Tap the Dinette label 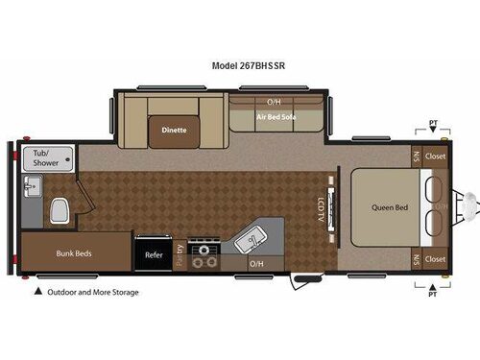click(x=174, y=130)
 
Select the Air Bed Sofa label click(x=275, y=117)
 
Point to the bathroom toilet click(x=59, y=208)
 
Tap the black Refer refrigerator click(x=154, y=255)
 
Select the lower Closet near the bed click(x=435, y=259)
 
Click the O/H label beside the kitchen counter click(x=256, y=263)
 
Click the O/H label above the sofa click(x=274, y=101)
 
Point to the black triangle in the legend click(x=38, y=292)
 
